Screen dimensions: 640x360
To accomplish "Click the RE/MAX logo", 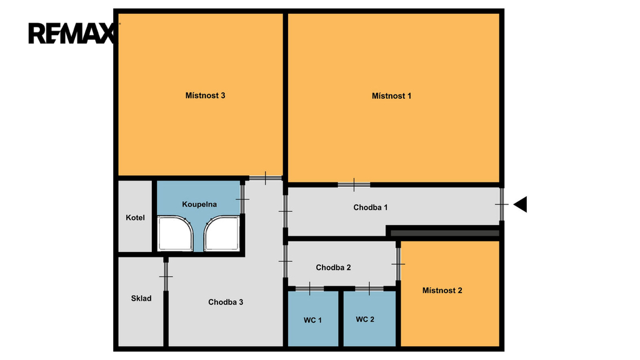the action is pos(71,34).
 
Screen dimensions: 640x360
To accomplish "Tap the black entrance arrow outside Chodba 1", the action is pos(521,204).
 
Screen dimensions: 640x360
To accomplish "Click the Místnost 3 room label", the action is pos(205,96).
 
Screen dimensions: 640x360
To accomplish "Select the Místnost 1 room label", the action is pos(391,96).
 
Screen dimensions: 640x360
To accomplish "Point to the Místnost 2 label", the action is pos(442,291).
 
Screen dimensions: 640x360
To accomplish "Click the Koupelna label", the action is pos(199,204).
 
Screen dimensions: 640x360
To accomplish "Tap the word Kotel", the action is pos(135,217).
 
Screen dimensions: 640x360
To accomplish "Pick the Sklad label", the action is pos(141,298).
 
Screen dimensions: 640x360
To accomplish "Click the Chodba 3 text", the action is pos(226,302).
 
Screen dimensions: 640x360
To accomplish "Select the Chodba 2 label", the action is pos(334,267).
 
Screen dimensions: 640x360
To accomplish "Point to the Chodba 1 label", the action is pos(371,207).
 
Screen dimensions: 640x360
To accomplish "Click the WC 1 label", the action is pos(312,321).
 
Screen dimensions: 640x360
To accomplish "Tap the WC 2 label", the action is pos(365,319).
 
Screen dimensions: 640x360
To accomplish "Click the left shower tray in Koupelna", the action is pos(175,234).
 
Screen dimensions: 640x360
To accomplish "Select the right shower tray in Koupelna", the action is pos(222,234).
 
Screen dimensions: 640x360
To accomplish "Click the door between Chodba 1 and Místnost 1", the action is pos(354,185).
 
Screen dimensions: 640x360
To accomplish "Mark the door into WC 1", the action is pos(310,289).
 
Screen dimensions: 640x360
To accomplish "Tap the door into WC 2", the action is pos(369,289).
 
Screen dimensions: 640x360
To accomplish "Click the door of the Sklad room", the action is pos(166,276).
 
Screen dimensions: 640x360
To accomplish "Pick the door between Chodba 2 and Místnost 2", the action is pos(398,264).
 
